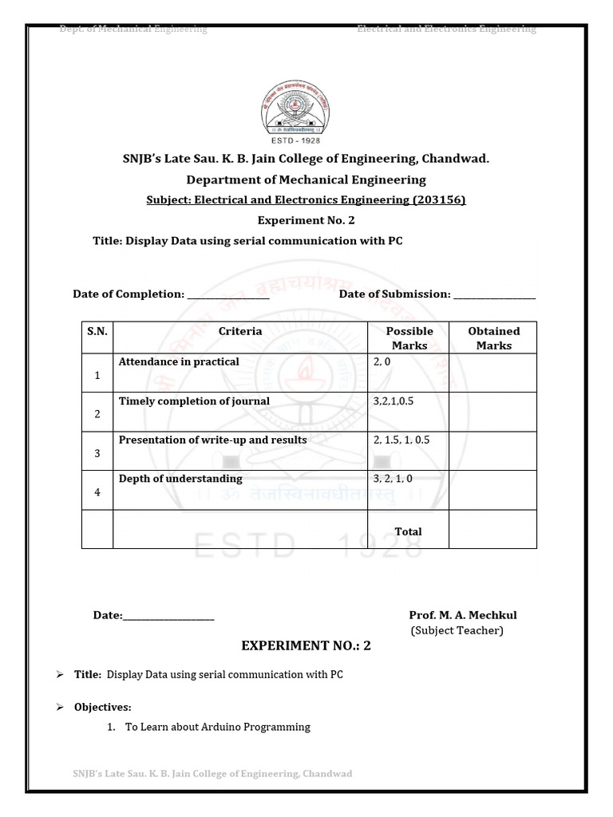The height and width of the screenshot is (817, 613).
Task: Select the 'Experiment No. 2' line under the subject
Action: point(306,220)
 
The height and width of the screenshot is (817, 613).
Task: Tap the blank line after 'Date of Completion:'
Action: point(227,295)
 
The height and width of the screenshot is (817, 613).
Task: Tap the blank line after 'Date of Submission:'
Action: point(494,295)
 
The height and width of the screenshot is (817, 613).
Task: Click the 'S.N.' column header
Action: point(97,331)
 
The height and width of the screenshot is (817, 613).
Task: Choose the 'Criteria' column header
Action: point(239,331)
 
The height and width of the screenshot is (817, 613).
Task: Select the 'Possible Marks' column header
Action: point(409,338)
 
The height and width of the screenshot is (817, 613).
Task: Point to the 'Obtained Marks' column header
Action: point(493,338)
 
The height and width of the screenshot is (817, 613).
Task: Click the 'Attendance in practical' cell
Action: point(179,362)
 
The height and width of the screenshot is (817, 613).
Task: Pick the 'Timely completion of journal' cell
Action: point(194,401)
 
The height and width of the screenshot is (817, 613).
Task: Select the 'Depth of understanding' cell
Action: point(180,480)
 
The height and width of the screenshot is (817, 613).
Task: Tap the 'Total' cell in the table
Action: point(408,531)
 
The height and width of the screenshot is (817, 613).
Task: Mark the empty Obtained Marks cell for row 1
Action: point(492,373)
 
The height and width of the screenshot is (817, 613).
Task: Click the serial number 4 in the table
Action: point(97,492)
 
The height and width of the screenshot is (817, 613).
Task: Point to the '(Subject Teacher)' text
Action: point(457,630)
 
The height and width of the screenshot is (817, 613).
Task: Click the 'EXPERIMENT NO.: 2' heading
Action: point(306,646)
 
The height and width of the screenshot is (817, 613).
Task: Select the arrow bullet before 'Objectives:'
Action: point(60,707)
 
